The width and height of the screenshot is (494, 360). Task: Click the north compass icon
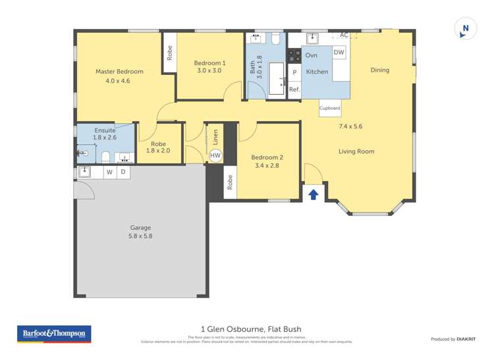(x=466, y=29)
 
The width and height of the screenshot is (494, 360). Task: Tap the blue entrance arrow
(x=314, y=194)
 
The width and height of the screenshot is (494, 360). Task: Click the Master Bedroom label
(x=119, y=72)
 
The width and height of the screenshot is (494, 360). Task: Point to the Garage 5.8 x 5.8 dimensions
(x=140, y=236)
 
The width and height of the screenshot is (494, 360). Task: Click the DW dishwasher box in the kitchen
(x=339, y=53)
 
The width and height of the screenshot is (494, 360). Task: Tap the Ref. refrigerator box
(x=294, y=89)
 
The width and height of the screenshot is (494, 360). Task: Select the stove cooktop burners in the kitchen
(x=294, y=58)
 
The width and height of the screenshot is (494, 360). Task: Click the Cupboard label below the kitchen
(x=329, y=108)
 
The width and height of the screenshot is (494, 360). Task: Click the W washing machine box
(x=109, y=172)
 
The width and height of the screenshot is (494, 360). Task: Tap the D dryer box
(x=123, y=172)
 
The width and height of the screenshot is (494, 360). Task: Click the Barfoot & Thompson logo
(x=54, y=334)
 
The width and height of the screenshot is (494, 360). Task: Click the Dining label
(x=379, y=70)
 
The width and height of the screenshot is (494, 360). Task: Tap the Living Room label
(x=356, y=151)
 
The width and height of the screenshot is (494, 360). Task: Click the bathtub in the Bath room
(x=276, y=79)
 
